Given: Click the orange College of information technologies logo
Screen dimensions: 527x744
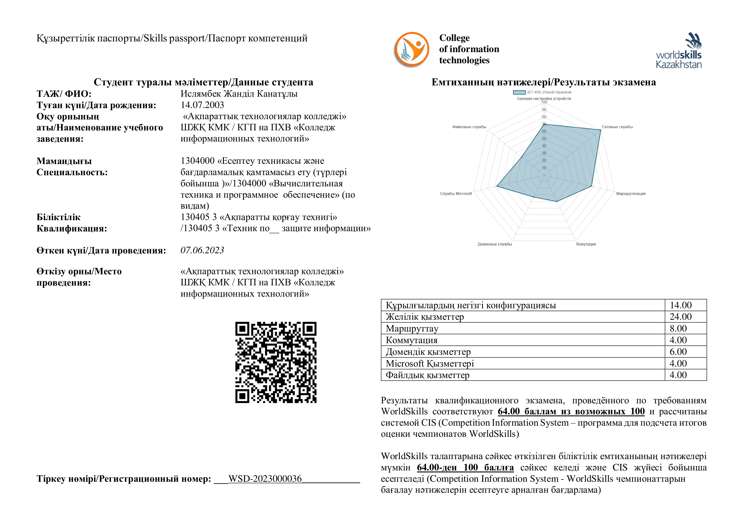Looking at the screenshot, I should tap(412, 50).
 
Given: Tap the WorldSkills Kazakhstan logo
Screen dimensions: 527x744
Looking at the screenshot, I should tap(678, 51).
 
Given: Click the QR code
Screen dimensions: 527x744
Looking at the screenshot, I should tap(276, 362).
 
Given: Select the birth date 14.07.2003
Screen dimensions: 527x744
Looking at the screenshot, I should tap(202, 105).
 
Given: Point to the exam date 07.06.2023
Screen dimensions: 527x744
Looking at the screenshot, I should tap(202, 250).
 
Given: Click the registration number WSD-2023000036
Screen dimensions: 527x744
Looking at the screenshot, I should tap(265, 479).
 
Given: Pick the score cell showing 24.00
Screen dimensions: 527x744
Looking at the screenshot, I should tap(680, 317).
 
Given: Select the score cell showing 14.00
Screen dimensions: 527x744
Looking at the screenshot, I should tap(680, 305).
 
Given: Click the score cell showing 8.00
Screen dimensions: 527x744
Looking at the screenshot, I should tap(678, 328).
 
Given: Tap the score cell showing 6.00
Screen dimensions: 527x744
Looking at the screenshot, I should tap(678, 352).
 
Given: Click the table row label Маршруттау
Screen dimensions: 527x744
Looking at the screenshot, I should tap(412, 328).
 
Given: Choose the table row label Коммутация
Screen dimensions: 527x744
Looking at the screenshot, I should tap(412, 340).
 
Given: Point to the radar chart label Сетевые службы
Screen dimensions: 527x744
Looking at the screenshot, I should tap(617, 127).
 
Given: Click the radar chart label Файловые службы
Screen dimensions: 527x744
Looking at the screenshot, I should tap(469, 127).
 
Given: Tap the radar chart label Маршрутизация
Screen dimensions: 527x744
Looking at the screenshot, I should tap(630, 194).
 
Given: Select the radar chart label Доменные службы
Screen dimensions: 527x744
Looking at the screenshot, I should tap(495, 244).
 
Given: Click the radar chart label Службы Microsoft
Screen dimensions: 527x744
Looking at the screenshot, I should tap(455, 194).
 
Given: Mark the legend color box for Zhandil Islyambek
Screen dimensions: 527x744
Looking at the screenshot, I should tap(519, 92).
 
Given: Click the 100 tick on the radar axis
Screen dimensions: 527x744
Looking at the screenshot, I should tap(544, 102).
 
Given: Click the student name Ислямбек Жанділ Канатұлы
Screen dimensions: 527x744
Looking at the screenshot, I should tap(239, 94).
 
